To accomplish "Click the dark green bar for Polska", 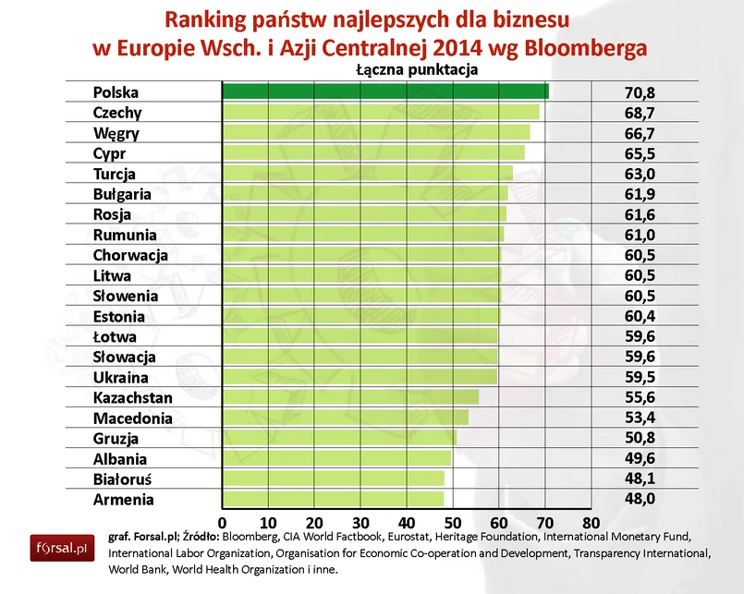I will pyautogui.click(x=384, y=91).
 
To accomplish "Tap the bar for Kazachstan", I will pyautogui.click(x=350, y=397).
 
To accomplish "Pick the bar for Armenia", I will pyautogui.click(x=333, y=499).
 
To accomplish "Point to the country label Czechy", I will pyautogui.click(x=117, y=113).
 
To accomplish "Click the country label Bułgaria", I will pyautogui.click(x=123, y=194).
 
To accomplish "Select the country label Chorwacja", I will pyautogui.click(x=130, y=255).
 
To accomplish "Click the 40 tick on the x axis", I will pyautogui.click(x=407, y=519).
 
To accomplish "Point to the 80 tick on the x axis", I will pyautogui.click(x=592, y=519).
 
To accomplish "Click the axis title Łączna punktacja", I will pyautogui.click(x=415, y=69).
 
